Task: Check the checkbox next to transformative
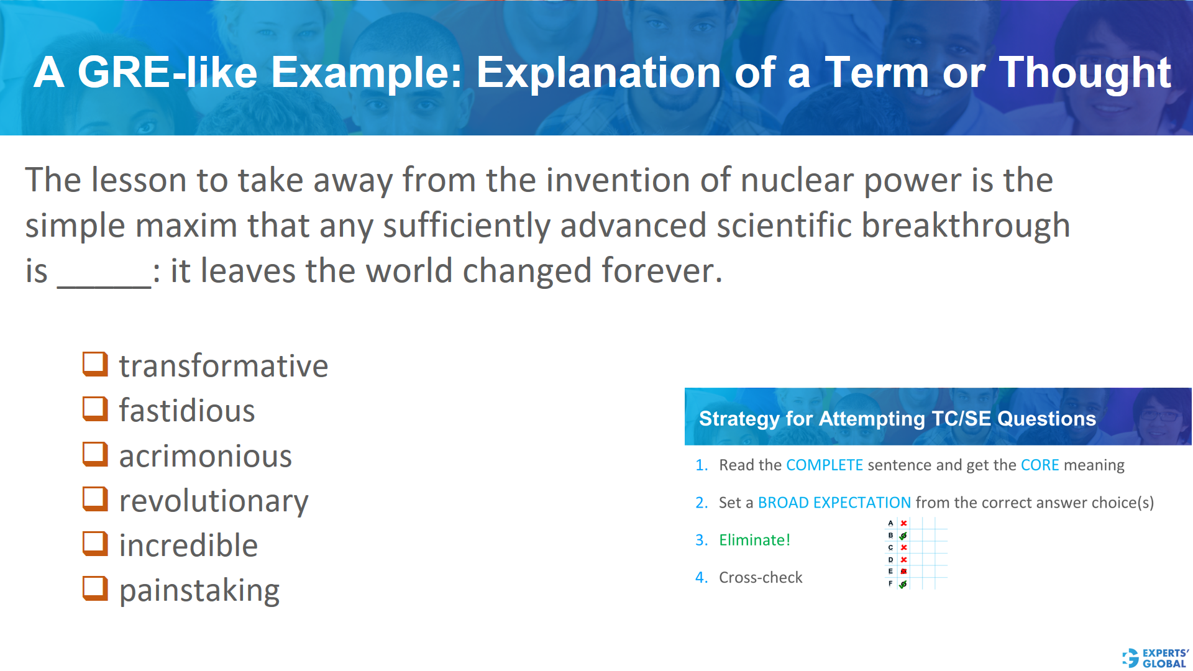point(95,365)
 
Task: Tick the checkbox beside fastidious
point(95,409)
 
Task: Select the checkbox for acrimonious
point(95,455)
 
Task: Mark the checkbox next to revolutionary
point(95,500)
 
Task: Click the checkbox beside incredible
point(95,544)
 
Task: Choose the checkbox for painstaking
point(95,589)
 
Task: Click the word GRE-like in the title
point(167,73)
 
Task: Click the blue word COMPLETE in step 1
point(824,465)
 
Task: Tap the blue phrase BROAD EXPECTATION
point(834,503)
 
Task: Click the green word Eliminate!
point(754,540)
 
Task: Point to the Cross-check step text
point(761,578)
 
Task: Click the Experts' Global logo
point(1155,658)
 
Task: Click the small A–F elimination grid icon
point(915,553)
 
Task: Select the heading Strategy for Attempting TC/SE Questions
point(897,419)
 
